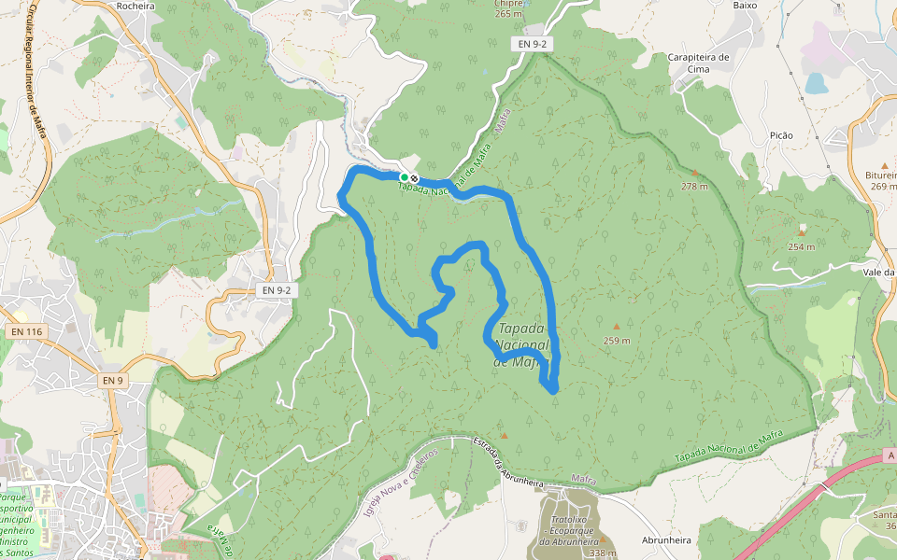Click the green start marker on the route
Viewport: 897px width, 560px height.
click(x=405, y=176)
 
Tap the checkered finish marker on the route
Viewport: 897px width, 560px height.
click(x=414, y=177)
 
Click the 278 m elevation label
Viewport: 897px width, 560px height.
click(x=694, y=187)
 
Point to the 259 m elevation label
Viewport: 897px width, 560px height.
click(x=616, y=341)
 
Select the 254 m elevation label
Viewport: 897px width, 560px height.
click(x=801, y=246)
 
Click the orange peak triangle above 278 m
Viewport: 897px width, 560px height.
click(x=694, y=173)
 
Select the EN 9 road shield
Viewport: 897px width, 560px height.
click(x=112, y=380)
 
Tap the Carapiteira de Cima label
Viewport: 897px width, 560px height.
click(x=699, y=63)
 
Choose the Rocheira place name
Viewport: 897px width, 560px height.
click(x=136, y=6)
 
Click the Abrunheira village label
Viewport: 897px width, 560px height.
click(x=666, y=540)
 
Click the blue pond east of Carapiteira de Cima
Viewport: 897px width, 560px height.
click(x=816, y=84)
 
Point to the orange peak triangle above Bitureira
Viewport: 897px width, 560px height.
click(x=885, y=165)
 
